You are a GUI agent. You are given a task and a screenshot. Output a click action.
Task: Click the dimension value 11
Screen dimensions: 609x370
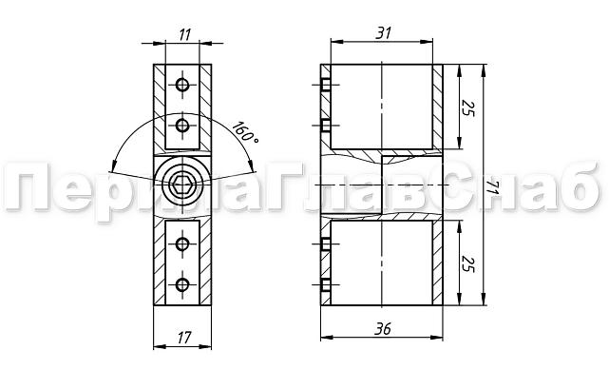pos(185,35)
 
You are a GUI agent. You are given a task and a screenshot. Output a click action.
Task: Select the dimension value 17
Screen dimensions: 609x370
pos(184,338)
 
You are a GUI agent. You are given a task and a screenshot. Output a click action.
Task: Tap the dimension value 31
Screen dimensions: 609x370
pos(384,33)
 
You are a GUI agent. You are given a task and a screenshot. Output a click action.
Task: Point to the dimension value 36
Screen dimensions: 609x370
pos(383,329)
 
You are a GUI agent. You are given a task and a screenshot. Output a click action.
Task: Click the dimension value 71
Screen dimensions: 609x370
pos(492,188)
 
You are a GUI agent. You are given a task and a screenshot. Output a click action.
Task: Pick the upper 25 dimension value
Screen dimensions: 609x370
pos(468,108)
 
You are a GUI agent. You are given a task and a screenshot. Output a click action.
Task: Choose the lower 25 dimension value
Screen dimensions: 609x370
pos(468,264)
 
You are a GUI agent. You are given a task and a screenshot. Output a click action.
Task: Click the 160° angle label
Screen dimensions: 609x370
pos(245,132)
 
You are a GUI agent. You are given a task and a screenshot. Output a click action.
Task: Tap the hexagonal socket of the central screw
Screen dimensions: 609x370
pos(182,185)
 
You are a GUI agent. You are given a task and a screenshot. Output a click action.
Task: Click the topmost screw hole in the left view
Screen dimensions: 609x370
pos(182,85)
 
